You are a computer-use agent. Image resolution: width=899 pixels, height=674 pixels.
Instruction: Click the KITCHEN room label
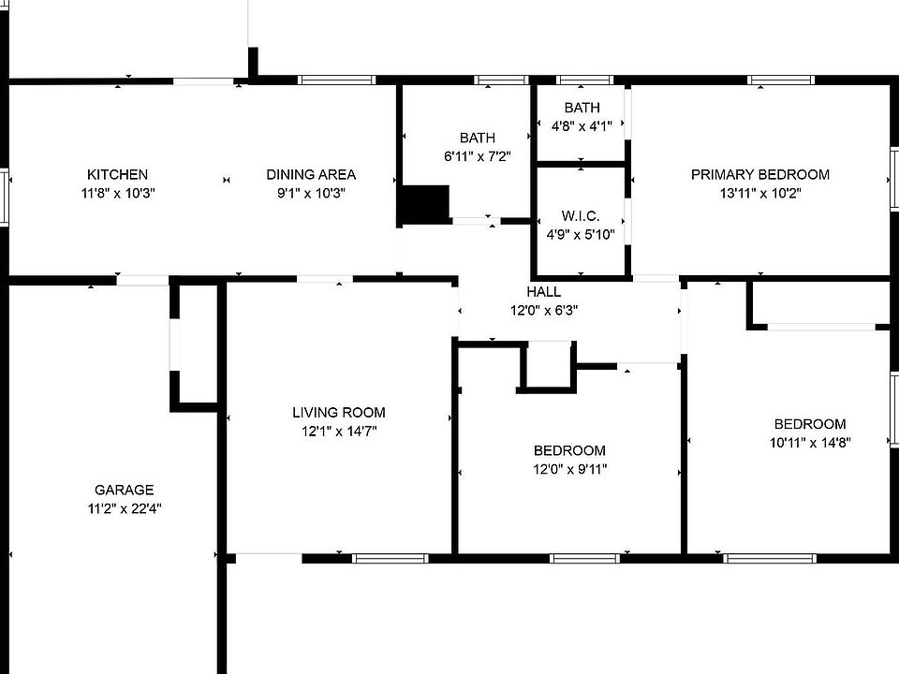[x=117, y=174]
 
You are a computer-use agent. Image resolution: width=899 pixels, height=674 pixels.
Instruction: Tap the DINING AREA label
[x=311, y=174]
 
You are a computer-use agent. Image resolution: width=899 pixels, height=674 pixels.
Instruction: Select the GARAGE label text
[x=124, y=490]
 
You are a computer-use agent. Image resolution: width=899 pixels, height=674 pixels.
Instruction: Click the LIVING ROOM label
[x=338, y=412]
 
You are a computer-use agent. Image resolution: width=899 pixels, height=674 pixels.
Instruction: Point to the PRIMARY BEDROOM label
[x=759, y=174]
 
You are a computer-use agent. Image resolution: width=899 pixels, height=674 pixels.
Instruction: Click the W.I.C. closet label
[x=581, y=216]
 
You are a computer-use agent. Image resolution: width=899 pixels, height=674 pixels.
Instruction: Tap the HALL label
[x=544, y=292]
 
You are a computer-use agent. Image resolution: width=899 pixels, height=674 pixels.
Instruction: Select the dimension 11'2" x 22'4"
[x=124, y=508]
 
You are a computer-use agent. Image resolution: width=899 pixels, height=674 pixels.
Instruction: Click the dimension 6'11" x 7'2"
[x=477, y=156]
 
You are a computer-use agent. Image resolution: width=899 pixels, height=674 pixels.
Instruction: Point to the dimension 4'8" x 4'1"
[x=582, y=126]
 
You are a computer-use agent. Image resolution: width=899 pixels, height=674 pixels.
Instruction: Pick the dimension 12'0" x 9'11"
[x=569, y=469]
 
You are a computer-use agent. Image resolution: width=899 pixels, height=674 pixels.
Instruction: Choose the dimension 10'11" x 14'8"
[x=810, y=442]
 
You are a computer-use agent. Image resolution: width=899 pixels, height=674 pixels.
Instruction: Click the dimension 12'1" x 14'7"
[x=338, y=431]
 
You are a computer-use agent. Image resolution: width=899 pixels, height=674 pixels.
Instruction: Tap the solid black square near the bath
[x=424, y=205]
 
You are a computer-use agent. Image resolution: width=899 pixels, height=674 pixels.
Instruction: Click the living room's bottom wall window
[x=390, y=559]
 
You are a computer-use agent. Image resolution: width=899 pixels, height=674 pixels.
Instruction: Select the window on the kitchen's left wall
[x=4, y=196]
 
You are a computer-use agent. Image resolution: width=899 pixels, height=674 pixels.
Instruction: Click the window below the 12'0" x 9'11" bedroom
[x=584, y=559]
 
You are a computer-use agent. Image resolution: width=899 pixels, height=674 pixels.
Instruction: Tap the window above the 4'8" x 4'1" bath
[x=580, y=80]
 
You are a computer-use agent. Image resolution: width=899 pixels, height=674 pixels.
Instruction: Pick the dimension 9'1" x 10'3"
[x=311, y=193]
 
